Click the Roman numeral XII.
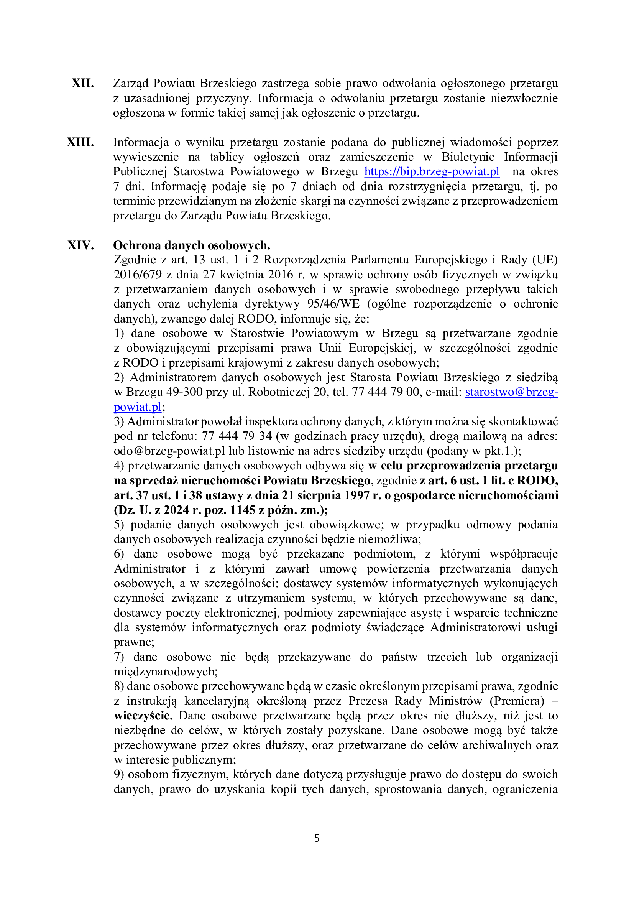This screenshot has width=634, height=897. click(83, 83)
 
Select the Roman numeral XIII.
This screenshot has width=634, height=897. click(80, 142)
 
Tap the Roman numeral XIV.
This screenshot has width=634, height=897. click(81, 245)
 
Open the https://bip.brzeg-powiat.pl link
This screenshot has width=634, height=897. click(432, 171)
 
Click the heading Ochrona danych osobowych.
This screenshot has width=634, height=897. click(192, 245)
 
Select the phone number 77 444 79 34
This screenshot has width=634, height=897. click(237, 436)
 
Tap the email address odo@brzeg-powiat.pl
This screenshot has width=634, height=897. click(169, 451)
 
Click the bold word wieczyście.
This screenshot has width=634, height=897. click(143, 716)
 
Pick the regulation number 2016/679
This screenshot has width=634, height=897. click(138, 275)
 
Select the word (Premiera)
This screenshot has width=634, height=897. click(519, 701)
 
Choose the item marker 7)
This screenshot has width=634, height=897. click(119, 657)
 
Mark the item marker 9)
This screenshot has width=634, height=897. click(119, 774)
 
